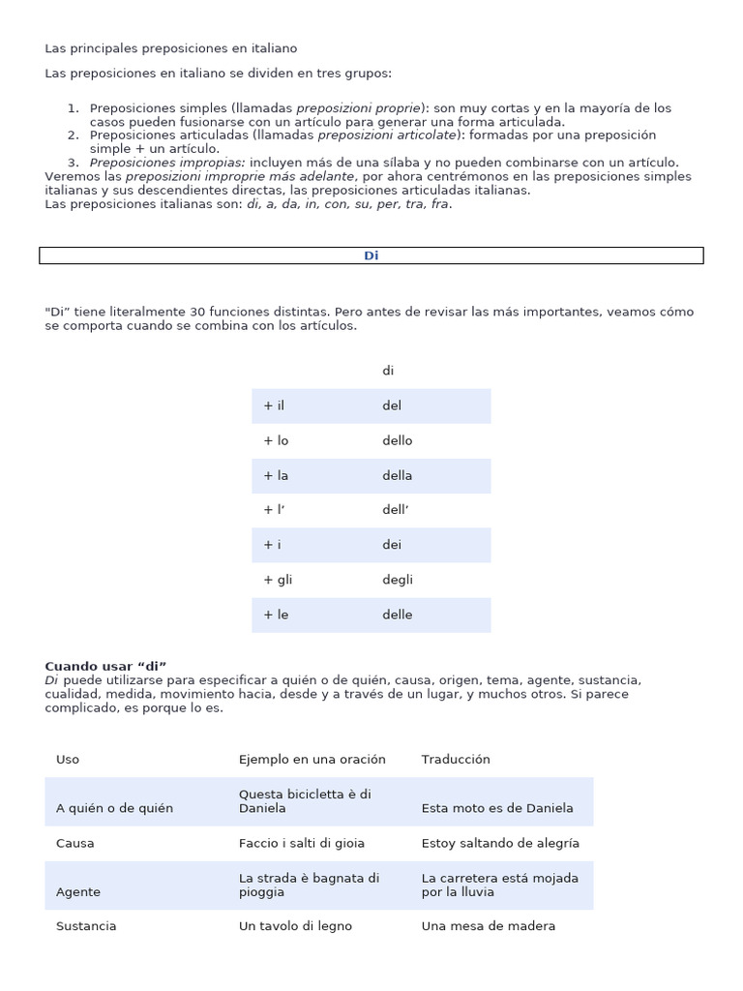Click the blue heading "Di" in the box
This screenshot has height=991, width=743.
pyautogui.click(x=371, y=255)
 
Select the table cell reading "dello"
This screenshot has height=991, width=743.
pyautogui.click(x=398, y=440)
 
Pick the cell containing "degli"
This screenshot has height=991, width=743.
pyautogui.click(x=398, y=580)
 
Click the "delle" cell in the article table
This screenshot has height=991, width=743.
pyautogui.click(x=398, y=615)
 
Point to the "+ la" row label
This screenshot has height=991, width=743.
pyautogui.click(x=276, y=475)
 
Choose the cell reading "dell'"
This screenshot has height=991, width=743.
pyautogui.click(x=397, y=510)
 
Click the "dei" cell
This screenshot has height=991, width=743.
pyautogui.click(x=392, y=545)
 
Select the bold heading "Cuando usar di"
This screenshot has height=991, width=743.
pyautogui.click(x=106, y=666)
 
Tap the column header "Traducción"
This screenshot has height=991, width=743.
pyautogui.click(x=456, y=760)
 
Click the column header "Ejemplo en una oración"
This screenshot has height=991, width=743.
pyautogui.click(x=312, y=760)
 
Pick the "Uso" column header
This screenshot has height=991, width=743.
pyautogui.click(x=68, y=760)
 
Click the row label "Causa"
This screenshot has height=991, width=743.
pyautogui.click(x=75, y=843)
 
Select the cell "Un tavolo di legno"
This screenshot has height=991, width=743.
pyautogui.click(x=295, y=926)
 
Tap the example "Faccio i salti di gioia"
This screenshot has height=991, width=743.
pyautogui.click(x=302, y=843)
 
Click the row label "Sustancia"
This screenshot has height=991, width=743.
pyautogui.click(x=86, y=926)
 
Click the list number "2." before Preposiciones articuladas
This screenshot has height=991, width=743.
pyautogui.click(x=74, y=135)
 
